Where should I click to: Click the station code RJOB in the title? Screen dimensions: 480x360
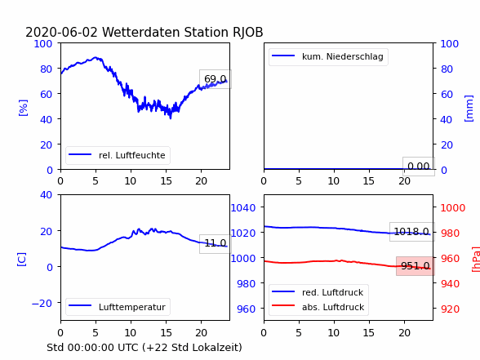click(x=247, y=32)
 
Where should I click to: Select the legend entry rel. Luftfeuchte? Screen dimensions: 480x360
click(x=118, y=155)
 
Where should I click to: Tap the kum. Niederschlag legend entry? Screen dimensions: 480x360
click(x=328, y=56)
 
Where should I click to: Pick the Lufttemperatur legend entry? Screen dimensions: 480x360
click(x=118, y=307)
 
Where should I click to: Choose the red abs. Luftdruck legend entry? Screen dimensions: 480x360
click(x=318, y=307)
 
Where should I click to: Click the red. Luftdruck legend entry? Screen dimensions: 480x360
click(x=318, y=292)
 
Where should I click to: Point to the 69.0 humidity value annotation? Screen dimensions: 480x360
click(x=216, y=79)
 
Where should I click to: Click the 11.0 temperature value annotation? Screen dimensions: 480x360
click(x=216, y=243)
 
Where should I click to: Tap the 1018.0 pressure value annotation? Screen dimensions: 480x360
click(x=411, y=232)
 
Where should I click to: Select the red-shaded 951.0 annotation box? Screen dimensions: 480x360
click(x=416, y=266)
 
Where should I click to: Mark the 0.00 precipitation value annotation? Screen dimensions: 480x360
click(x=419, y=167)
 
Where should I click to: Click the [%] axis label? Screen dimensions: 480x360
click(x=23, y=108)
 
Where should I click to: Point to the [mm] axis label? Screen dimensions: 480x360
click(x=469, y=109)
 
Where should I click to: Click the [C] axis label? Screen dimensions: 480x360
click(x=22, y=260)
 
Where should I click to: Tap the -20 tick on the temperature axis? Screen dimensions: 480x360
click(x=42, y=303)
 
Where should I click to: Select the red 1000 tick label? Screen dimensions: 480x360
click(x=453, y=208)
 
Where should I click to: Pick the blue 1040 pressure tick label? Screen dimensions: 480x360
click(x=243, y=208)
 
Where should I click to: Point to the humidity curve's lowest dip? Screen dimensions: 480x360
click(x=171, y=118)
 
